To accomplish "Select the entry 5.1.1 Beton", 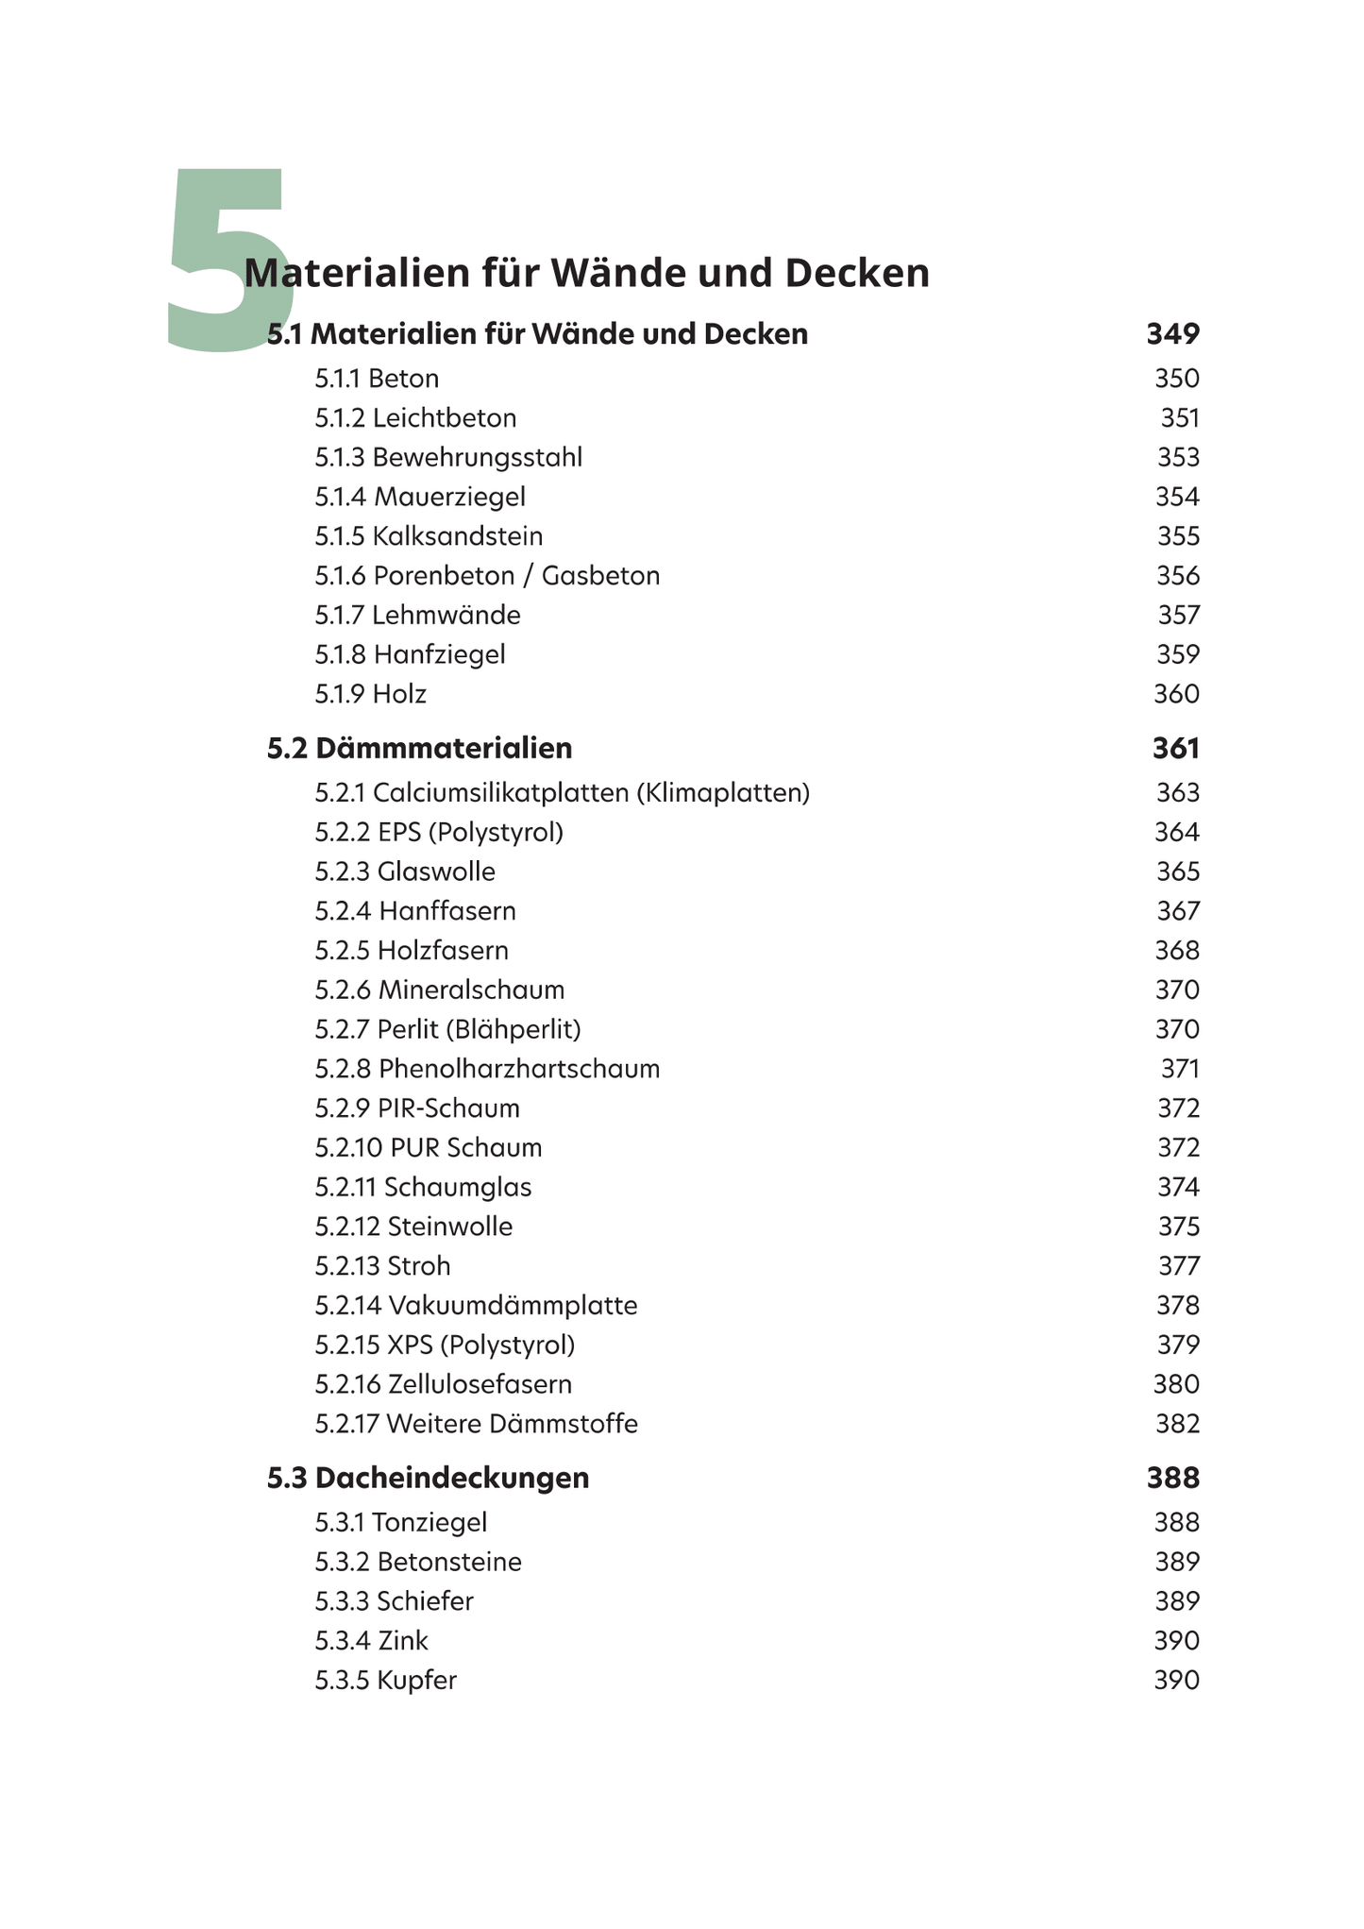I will [377, 379].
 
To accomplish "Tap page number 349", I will [1172, 333].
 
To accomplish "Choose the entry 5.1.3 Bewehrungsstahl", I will [448, 458].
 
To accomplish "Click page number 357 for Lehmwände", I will [1178, 616].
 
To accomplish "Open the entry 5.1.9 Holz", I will [370, 695].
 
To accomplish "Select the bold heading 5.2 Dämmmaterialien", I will [419, 749].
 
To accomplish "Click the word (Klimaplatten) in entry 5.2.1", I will [723, 793].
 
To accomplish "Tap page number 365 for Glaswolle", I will [1178, 871].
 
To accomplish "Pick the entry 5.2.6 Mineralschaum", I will [439, 990].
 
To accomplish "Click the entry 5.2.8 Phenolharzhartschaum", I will [487, 1069].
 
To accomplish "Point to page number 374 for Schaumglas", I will [1178, 1188].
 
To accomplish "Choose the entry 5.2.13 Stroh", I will [382, 1266].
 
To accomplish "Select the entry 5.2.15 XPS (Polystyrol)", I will [445, 1345].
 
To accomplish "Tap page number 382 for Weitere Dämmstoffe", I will [1177, 1424].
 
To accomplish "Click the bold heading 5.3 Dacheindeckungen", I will [428, 1478].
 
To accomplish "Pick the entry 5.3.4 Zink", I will [371, 1641].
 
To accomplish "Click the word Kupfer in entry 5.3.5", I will [416, 1681].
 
